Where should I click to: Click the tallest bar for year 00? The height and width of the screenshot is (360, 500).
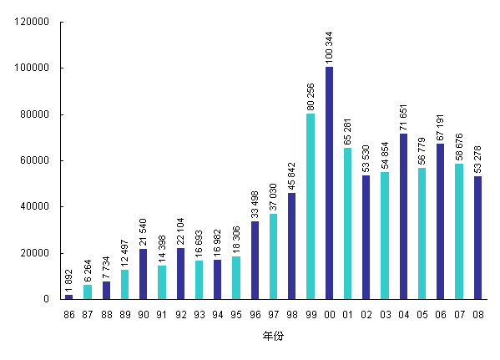329,183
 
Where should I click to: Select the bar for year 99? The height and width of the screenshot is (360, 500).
311,206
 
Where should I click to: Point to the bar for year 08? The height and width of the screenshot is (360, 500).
477,237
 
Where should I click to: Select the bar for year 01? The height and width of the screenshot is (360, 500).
347,223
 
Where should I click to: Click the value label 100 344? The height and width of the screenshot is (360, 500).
329,47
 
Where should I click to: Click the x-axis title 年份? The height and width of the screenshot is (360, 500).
273,337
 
